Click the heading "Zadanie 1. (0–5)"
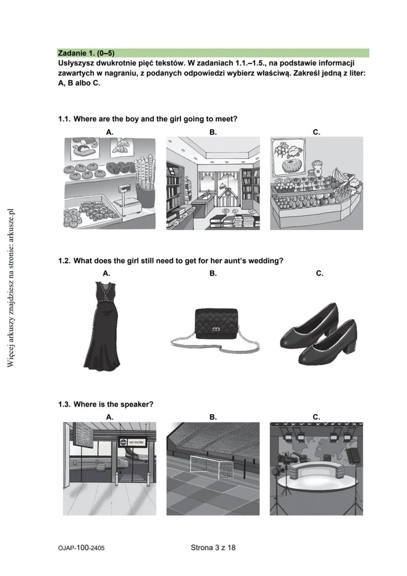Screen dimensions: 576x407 86,53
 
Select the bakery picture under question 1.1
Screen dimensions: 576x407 110,183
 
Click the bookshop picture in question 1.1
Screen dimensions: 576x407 212,183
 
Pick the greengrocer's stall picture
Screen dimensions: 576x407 316,183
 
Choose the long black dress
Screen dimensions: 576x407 102,325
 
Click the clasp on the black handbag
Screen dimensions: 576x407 215,328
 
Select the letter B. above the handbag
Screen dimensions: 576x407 212,273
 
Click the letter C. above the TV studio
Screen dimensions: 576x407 316,417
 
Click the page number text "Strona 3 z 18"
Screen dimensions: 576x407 213,547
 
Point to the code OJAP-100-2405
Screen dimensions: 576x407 81,547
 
